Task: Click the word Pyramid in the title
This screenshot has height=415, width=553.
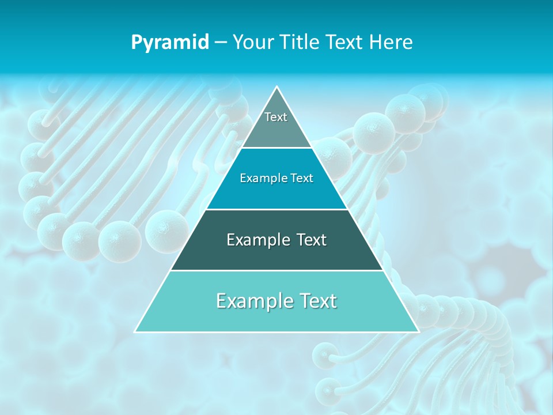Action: pyautogui.click(x=169, y=43)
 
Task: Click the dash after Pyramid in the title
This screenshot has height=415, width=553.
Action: pyautogui.click(x=220, y=43)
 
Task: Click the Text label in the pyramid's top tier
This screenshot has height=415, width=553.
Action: pyautogui.click(x=276, y=117)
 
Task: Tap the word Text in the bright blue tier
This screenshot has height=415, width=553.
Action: pyautogui.click(x=302, y=178)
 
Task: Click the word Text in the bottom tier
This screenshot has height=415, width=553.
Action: pyautogui.click(x=317, y=301)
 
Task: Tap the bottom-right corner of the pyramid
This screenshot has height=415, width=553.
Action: pyautogui.click(x=418, y=331)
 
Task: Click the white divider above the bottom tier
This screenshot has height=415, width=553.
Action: pyautogui.click(x=276, y=270)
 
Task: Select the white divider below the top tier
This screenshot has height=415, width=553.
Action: pyautogui.click(x=276, y=148)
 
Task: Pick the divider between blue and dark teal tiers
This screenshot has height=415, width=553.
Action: pyautogui.click(x=276, y=209)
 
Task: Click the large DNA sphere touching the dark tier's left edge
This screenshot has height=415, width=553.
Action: pyautogui.click(x=166, y=231)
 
